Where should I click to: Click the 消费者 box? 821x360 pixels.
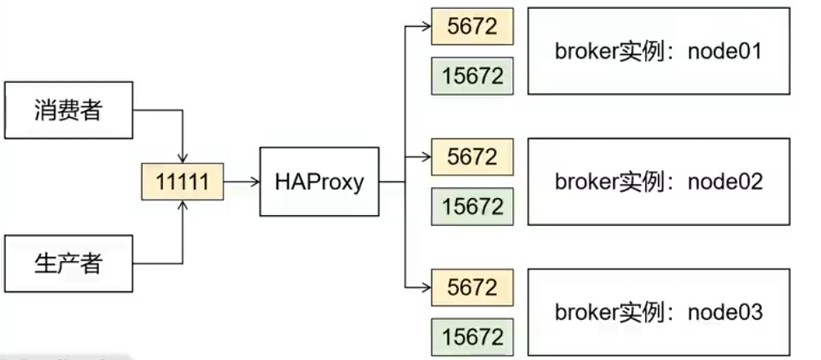coord(68,109)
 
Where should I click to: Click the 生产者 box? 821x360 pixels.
coord(68,263)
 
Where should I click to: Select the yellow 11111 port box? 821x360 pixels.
coord(183,182)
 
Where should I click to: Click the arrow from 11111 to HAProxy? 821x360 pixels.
coord(241,182)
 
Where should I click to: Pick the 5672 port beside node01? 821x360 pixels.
coord(471,27)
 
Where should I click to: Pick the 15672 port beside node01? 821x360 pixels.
coord(471,75)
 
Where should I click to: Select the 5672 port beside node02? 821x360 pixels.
coord(471,156)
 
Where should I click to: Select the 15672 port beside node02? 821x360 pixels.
coord(471,205)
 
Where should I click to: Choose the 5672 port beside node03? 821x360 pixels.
coord(471,287)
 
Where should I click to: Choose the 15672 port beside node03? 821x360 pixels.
coord(471,335)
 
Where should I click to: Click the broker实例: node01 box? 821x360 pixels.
coord(659,52)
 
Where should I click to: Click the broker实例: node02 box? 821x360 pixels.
coord(659,181)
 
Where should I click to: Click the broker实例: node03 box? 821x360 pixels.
coord(659,312)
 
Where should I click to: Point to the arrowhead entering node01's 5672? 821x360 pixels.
coord(426,27)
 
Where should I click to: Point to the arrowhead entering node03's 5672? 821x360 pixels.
coord(426,287)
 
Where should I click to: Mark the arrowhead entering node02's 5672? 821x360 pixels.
coord(426,156)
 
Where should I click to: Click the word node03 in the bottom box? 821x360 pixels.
coord(725,312)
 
